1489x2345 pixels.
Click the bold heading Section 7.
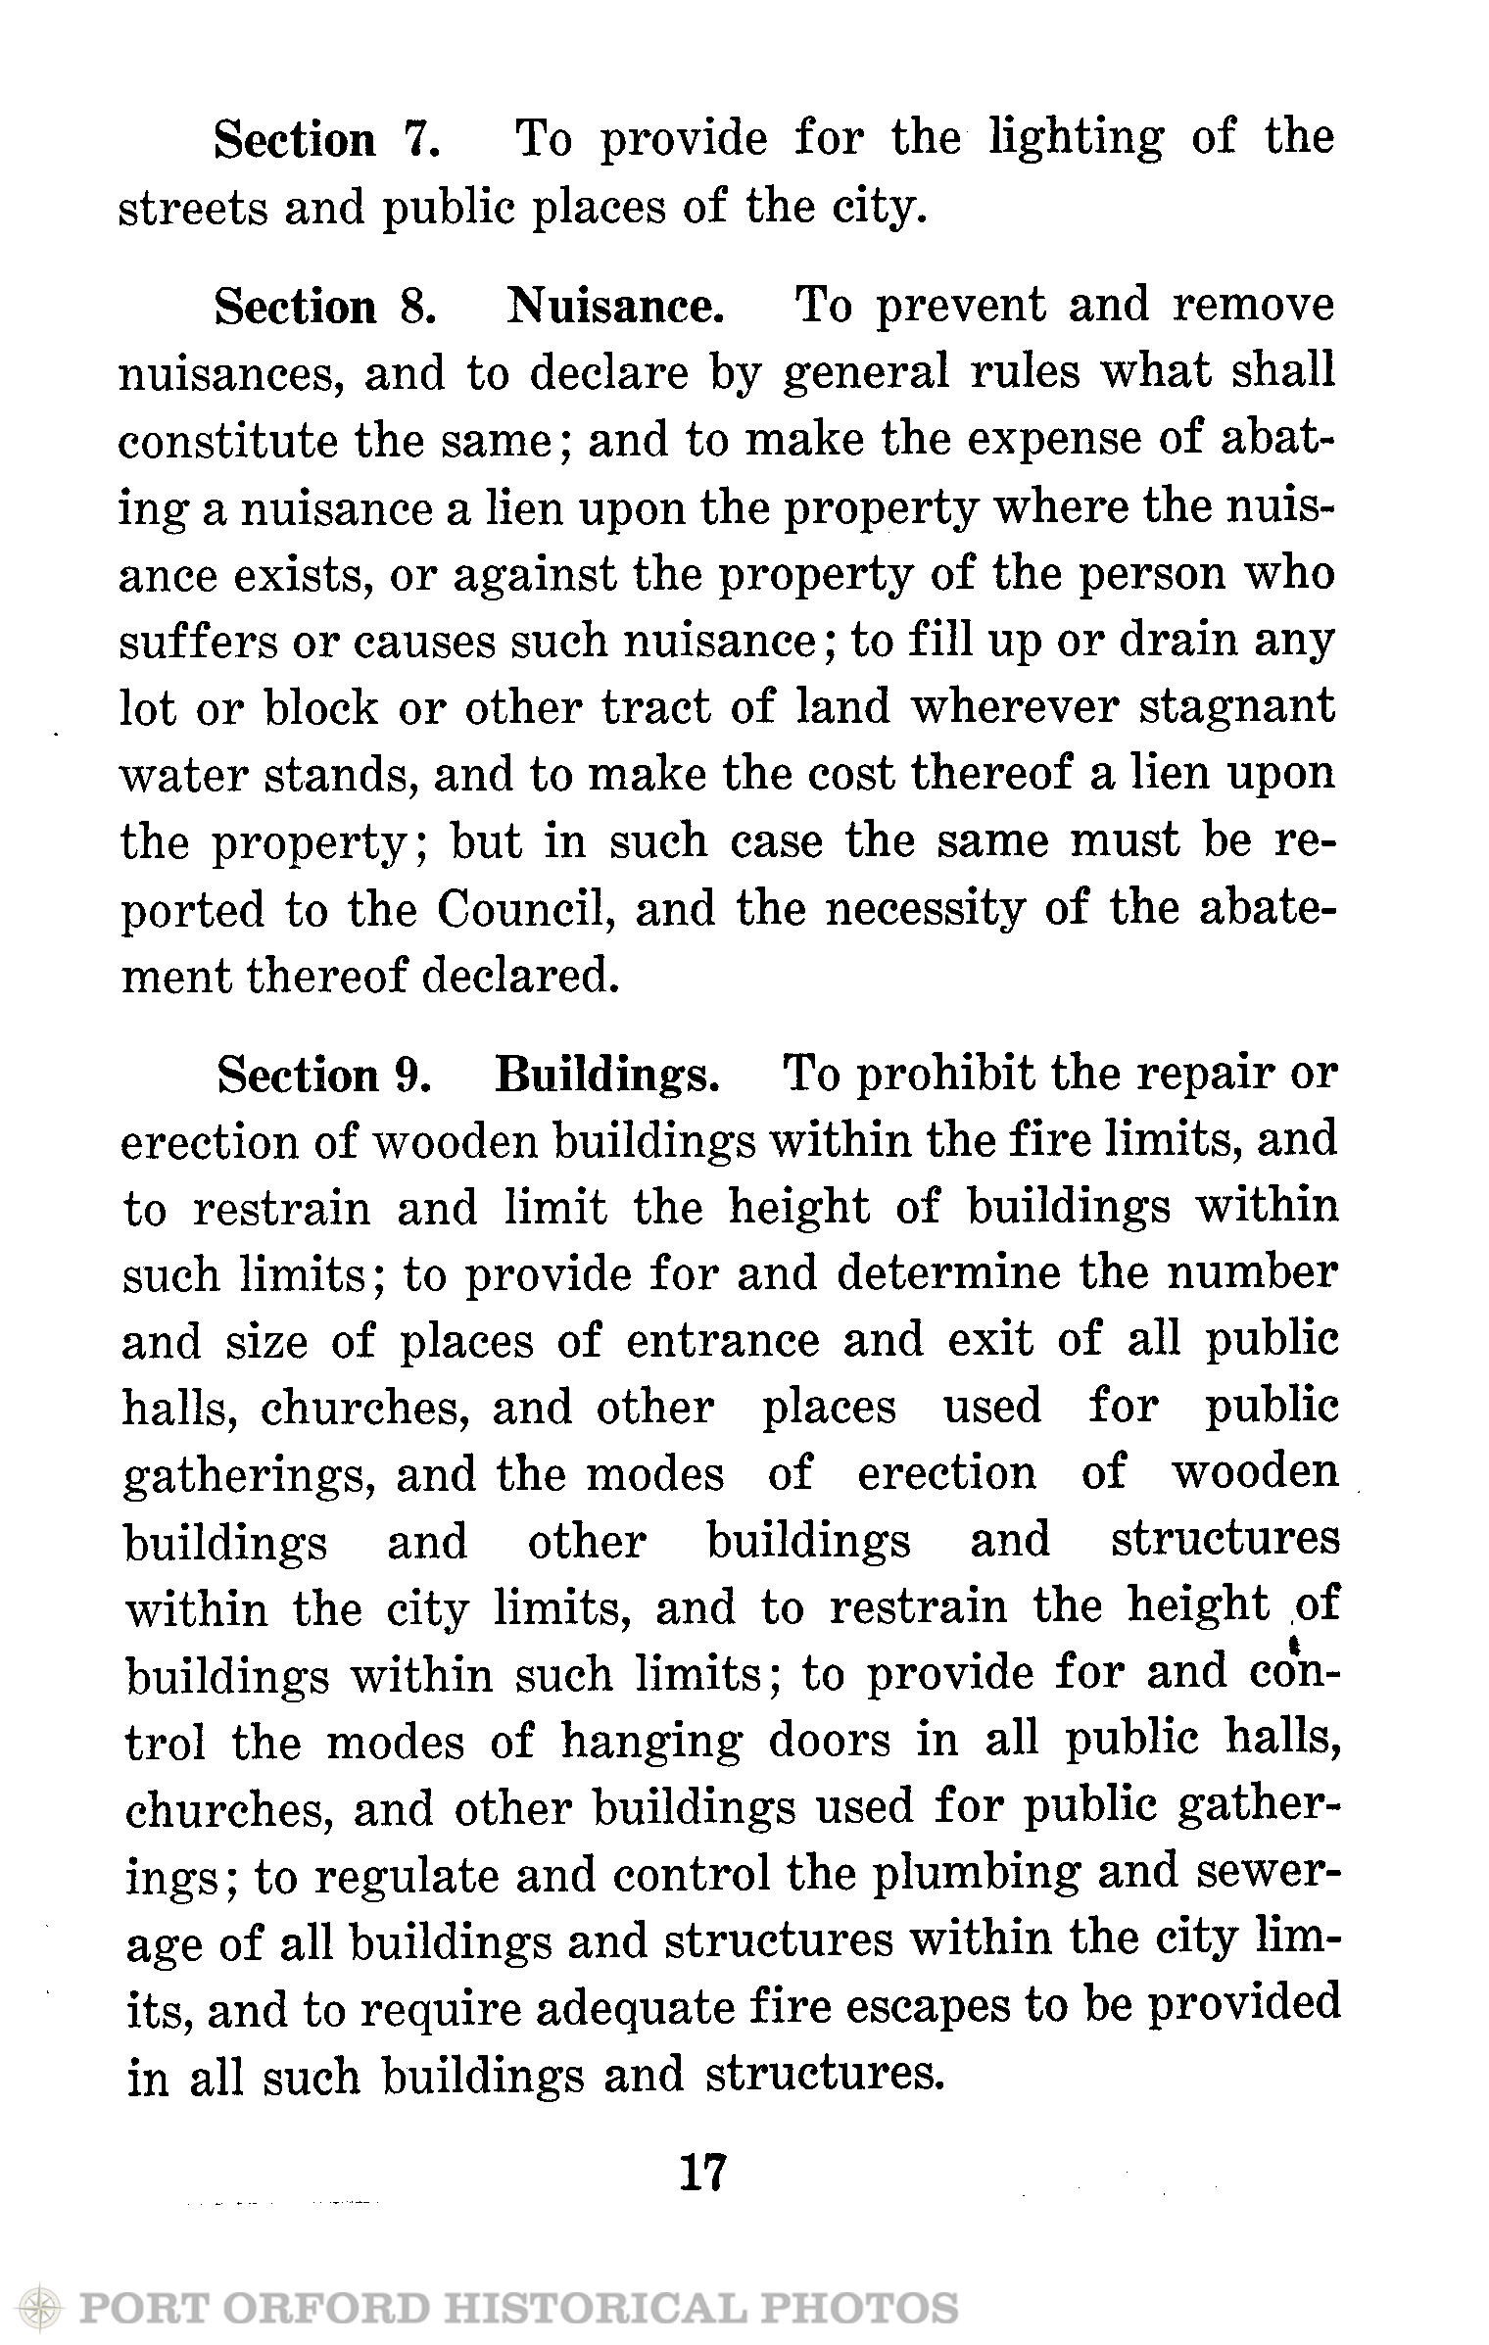tap(327, 140)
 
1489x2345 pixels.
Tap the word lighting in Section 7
tap(1077, 138)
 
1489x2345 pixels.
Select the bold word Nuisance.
tap(615, 307)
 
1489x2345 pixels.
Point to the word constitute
tap(225, 441)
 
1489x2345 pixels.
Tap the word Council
tap(524, 910)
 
